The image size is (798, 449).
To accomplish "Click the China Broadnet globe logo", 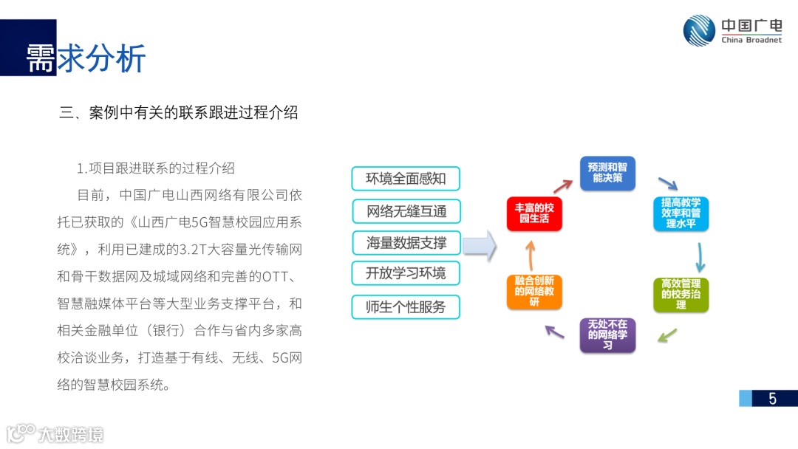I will (x=699, y=31).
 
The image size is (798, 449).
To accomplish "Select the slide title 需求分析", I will (x=86, y=58).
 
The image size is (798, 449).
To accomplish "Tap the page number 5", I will (x=772, y=399).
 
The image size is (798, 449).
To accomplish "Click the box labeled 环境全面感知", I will (x=406, y=179).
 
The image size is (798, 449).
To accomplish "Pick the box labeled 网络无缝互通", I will (x=406, y=211).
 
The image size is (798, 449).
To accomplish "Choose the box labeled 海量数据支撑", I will (x=406, y=242).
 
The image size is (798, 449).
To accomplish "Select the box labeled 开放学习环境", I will (x=406, y=273).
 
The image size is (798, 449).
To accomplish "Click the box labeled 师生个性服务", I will (x=406, y=306).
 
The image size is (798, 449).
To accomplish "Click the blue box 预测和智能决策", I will (x=607, y=173).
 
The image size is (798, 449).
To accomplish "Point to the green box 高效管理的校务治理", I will (x=681, y=294).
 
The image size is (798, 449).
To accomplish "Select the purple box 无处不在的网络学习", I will (x=607, y=335).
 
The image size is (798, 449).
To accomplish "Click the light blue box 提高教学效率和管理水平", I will (x=681, y=213).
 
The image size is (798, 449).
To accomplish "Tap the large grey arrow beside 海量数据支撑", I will (x=481, y=244).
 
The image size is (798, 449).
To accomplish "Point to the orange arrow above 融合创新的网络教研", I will (x=529, y=255).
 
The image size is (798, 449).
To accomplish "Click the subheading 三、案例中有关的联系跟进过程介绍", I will (x=179, y=112).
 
